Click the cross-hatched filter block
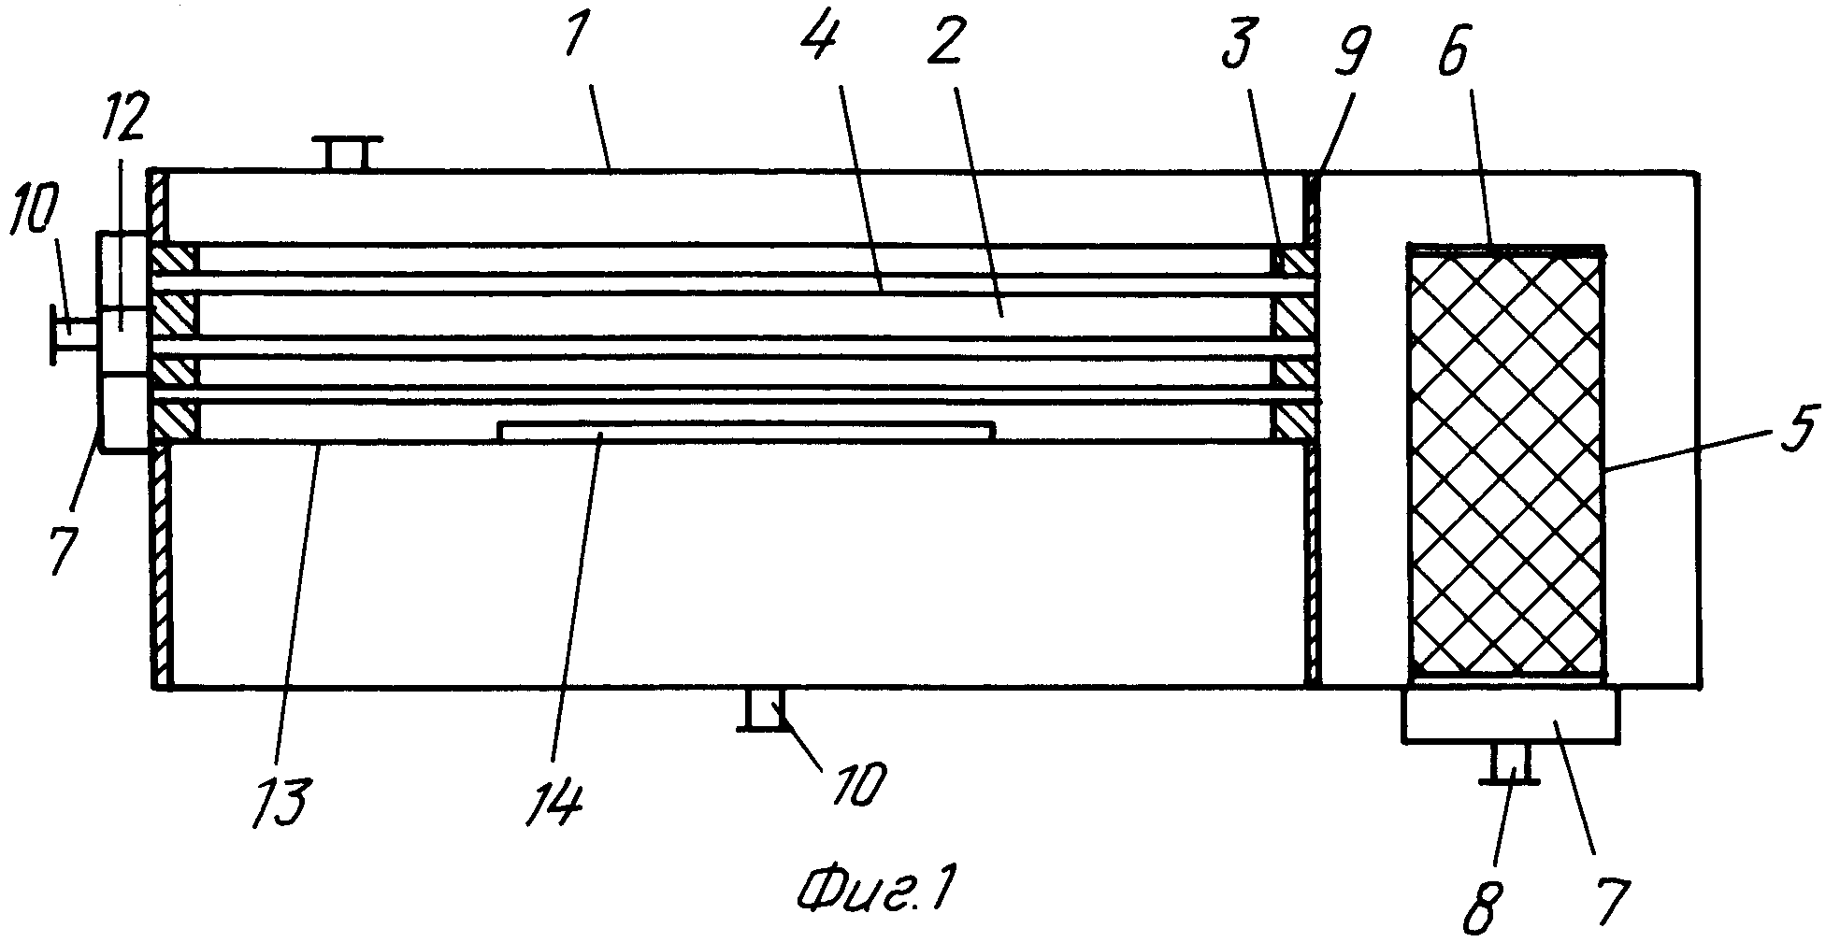tap(1506, 461)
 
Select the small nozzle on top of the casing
tap(346, 154)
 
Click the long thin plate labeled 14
tap(745, 430)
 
